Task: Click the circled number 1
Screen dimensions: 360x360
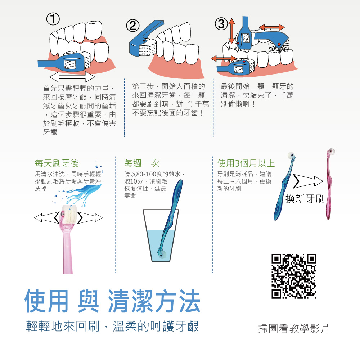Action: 53,19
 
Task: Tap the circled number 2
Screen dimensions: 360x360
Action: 133,26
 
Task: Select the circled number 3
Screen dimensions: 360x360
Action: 221,24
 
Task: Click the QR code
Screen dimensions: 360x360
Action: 294,276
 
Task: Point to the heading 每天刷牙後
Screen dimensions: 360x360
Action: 57,163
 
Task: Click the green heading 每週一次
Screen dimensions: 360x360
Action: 141,163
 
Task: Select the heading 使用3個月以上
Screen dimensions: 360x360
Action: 246,163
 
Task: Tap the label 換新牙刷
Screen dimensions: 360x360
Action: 305,199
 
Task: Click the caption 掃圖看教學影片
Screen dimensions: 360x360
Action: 294,328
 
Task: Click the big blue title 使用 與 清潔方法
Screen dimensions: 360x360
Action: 112,301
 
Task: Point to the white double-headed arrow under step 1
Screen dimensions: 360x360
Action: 72,77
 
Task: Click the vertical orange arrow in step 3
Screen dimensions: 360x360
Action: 231,31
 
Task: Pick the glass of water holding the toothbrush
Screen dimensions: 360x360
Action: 161,235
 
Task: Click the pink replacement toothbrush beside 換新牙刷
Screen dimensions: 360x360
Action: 329,184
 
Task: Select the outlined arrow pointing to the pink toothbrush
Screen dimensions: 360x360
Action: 308,181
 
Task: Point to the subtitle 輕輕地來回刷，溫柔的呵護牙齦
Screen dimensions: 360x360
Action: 112,326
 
